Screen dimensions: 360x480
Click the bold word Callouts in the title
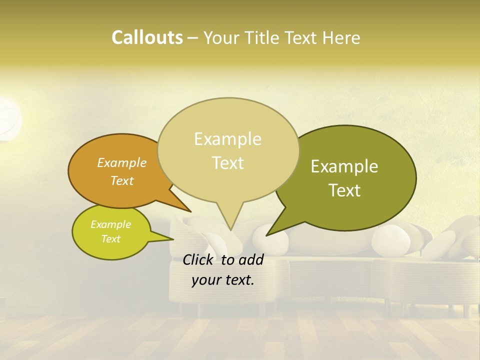147,37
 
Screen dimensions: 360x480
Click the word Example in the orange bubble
122,162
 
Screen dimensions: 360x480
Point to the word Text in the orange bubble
122,180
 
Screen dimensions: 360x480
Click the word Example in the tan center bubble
227,139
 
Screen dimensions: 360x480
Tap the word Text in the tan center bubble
227,162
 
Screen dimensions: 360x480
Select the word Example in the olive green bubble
344,166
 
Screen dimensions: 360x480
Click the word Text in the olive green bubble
344,190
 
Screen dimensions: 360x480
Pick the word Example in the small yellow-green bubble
110,224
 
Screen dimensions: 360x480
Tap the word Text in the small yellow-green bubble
110,239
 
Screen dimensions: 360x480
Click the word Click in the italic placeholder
199,259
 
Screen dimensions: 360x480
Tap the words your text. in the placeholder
223,280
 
